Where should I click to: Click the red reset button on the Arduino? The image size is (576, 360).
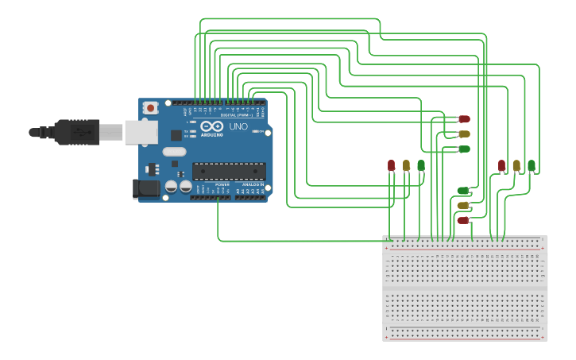(x=150, y=107)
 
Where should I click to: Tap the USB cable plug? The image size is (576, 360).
(x=76, y=132)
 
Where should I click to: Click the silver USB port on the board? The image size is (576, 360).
(x=141, y=132)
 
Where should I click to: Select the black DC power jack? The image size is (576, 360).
(x=146, y=188)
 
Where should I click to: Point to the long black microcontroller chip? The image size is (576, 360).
(x=229, y=171)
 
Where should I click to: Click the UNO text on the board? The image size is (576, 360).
(x=238, y=126)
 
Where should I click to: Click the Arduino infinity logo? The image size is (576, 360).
(x=211, y=126)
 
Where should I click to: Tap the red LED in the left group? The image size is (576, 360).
(x=391, y=165)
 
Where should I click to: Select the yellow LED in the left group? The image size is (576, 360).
(x=406, y=165)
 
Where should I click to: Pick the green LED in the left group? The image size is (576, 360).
(x=421, y=165)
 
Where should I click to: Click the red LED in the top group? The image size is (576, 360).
(x=464, y=119)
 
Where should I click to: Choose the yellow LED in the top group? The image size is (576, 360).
(x=464, y=134)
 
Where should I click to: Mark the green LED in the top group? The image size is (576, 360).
(x=464, y=149)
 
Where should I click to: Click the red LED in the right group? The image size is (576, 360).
(x=501, y=165)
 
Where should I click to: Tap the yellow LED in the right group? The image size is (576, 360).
(x=516, y=165)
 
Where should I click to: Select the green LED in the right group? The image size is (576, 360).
(x=532, y=165)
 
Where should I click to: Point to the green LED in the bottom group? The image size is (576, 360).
(x=463, y=191)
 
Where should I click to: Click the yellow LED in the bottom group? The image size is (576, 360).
(x=463, y=205)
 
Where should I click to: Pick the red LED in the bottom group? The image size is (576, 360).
(x=463, y=220)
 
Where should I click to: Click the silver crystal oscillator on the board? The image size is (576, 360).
(x=174, y=152)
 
